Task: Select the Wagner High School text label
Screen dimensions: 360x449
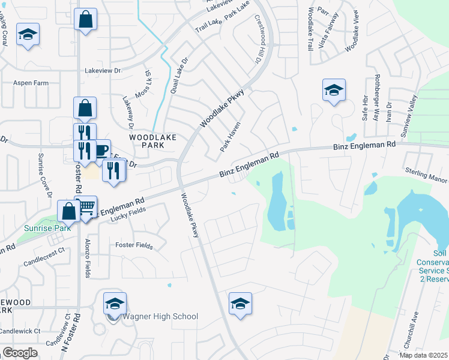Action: (x=160, y=317)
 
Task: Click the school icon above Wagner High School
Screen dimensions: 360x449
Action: (x=115, y=303)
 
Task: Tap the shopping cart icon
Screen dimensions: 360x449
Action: (x=86, y=207)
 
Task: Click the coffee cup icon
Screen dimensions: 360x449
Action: (x=100, y=149)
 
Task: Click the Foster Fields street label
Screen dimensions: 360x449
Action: (x=134, y=245)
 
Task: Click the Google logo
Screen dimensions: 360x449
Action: (x=20, y=353)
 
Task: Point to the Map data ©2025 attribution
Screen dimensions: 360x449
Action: (x=423, y=355)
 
